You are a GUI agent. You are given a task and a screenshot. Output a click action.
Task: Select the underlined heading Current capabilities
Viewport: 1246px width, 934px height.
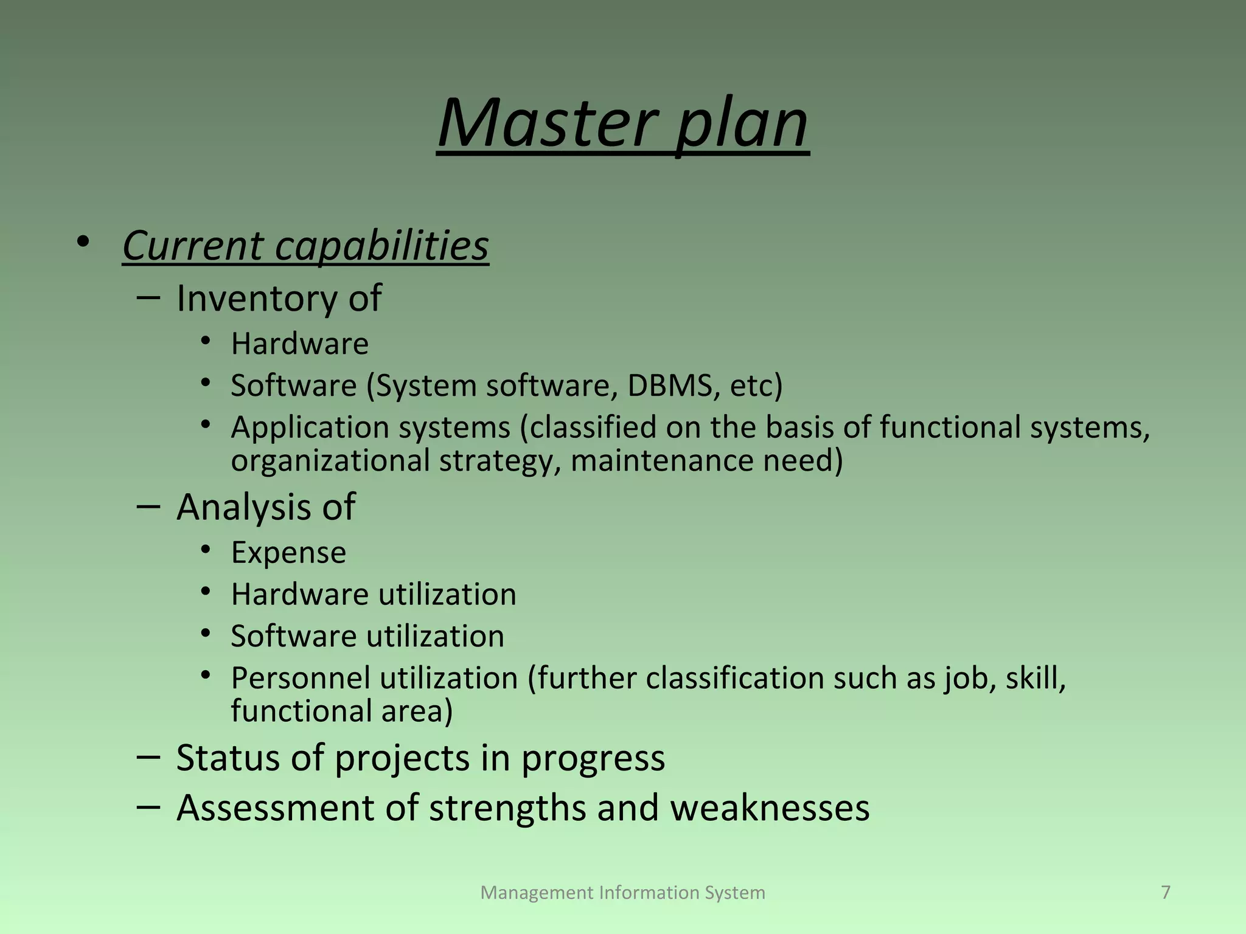[305, 246]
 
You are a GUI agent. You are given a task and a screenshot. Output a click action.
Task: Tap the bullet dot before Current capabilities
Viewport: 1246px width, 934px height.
[83, 243]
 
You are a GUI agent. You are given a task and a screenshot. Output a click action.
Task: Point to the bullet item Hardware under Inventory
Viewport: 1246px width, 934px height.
[299, 344]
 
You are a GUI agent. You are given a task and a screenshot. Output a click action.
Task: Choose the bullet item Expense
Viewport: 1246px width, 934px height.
[288, 553]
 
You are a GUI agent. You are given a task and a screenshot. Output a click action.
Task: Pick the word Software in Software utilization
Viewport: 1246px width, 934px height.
[293, 637]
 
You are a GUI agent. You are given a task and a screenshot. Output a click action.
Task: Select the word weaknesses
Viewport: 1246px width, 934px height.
[770, 809]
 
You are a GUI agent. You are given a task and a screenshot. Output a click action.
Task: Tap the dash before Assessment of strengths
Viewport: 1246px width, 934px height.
[148, 808]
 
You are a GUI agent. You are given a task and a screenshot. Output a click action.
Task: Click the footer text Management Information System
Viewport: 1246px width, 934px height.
[622, 893]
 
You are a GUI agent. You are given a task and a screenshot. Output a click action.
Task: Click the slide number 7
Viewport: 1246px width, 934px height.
[1165, 892]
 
